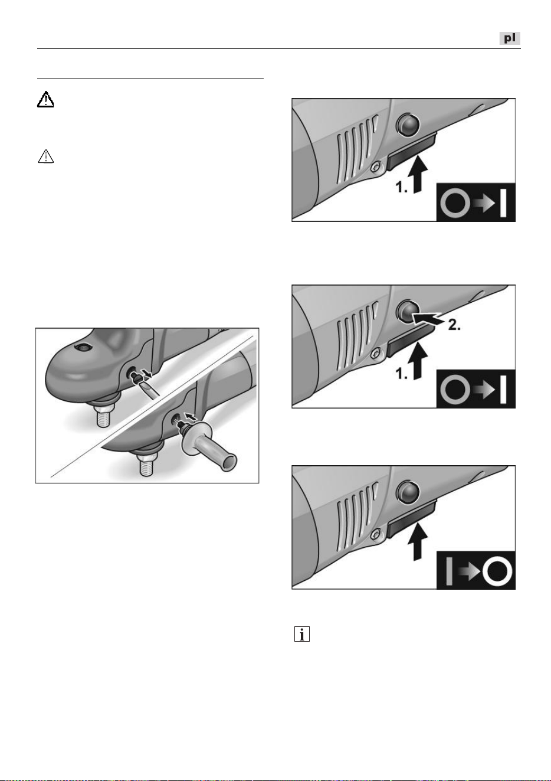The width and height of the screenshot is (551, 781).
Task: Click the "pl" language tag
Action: click(x=509, y=38)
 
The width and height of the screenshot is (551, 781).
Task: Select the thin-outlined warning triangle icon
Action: click(x=45, y=156)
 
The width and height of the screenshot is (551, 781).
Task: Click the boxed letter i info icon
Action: click(x=302, y=634)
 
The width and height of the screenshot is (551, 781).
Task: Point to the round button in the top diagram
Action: click(x=408, y=125)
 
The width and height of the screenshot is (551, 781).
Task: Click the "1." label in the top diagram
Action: click(x=402, y=188)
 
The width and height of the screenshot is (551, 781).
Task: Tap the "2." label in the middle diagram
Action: click(x=454, y=325)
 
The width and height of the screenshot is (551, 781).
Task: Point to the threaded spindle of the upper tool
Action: click(x=103, y=415)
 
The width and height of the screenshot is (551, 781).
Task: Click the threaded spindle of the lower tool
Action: click(x=147, y=463)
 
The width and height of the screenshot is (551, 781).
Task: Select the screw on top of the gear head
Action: click(x=82, y=347)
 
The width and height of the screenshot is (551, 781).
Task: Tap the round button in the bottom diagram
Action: click(x=408, y=492)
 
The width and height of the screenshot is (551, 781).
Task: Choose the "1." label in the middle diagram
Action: click(x=402, y=374)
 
